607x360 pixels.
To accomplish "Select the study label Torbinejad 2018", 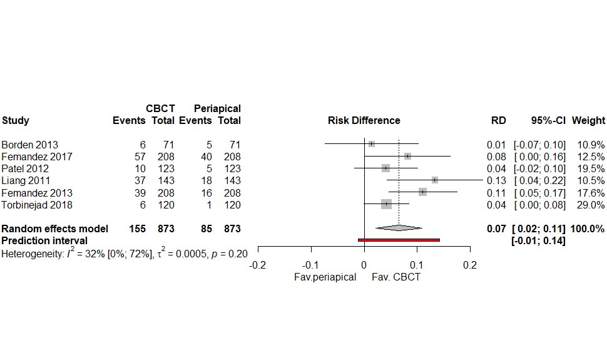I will tap(37, 205).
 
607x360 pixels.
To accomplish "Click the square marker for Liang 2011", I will tap(434, 180).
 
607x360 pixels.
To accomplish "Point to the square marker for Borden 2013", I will tap(372, 144).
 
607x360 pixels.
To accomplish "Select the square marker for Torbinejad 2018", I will tap(386, 204).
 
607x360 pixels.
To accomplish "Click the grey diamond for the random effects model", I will tap(399, 228).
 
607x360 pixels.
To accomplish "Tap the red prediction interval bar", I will tap(399, 240).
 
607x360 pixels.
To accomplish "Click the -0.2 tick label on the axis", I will tap(257, 265).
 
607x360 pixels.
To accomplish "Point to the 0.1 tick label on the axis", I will tap(417, 265).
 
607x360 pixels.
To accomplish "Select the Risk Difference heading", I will tap(364, 121).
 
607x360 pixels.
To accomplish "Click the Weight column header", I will tap(588, 121).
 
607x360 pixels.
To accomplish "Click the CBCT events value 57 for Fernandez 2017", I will tap(140, 157).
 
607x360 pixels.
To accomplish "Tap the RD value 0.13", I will tap(496, 181).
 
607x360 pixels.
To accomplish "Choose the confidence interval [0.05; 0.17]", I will tap(539, 193).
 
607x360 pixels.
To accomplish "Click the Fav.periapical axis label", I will tap(325, 277).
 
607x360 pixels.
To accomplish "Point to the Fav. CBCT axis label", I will tap(396, 277).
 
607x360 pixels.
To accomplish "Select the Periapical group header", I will tap(217, 109).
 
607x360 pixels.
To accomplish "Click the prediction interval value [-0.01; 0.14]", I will tap(538, 240).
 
